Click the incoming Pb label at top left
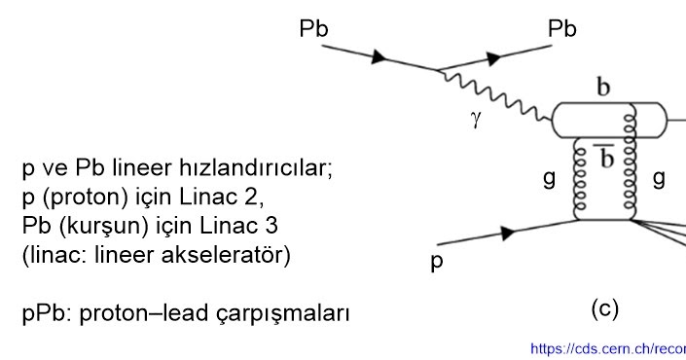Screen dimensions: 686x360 point(313,29)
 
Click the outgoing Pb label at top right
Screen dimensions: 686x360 point(562,29)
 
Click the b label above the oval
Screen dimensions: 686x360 point(603,90)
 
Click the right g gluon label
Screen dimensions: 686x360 point(659,179)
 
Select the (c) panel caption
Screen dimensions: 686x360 point(604,308)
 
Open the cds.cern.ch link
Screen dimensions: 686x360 point(607,348)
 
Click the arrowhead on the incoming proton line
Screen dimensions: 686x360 point(507,234)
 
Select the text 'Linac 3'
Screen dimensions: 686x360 point(236,227)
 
